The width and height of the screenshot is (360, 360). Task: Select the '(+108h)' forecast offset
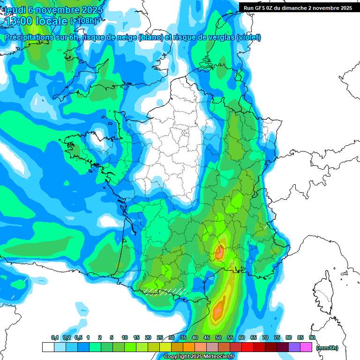pos(83,21)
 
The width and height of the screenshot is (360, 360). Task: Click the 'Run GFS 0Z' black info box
pos(298,7)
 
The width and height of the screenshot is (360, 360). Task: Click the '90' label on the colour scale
pos(312,338)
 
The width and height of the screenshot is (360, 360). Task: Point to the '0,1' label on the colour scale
pos(54,338)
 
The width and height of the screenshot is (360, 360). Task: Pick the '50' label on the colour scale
pos(218,338)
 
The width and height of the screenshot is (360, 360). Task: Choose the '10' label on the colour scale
pos(125,338)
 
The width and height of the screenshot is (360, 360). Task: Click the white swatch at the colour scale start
pos(48,347)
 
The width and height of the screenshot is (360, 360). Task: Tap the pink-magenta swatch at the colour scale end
pos(306,347)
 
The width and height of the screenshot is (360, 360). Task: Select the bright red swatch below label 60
pos(247,347)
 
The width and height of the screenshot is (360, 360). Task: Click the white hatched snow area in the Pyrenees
pos(164,292)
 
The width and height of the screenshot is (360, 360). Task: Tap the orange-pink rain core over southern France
pos(219,253)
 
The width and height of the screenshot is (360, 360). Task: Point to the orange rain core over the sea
pos(218,310)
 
